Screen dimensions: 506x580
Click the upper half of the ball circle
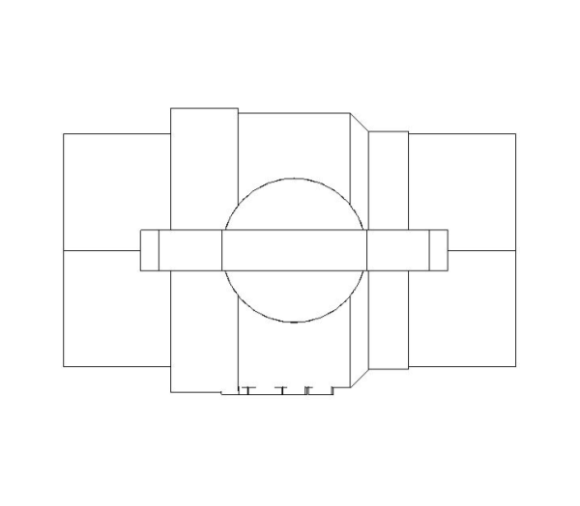pos(294,203)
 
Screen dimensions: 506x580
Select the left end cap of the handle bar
pos(150,250)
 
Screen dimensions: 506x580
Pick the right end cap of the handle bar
pos(438,250)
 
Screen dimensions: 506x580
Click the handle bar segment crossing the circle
pos(294,250)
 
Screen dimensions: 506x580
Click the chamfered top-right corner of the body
pos(359,122)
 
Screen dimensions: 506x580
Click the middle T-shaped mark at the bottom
pos(281,391)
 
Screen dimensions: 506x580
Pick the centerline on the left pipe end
pos(101,250)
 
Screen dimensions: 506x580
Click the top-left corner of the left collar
pos(171,109)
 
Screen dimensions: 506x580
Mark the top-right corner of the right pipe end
pos(515,134)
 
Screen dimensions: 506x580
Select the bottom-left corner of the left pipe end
pos(64,367)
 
